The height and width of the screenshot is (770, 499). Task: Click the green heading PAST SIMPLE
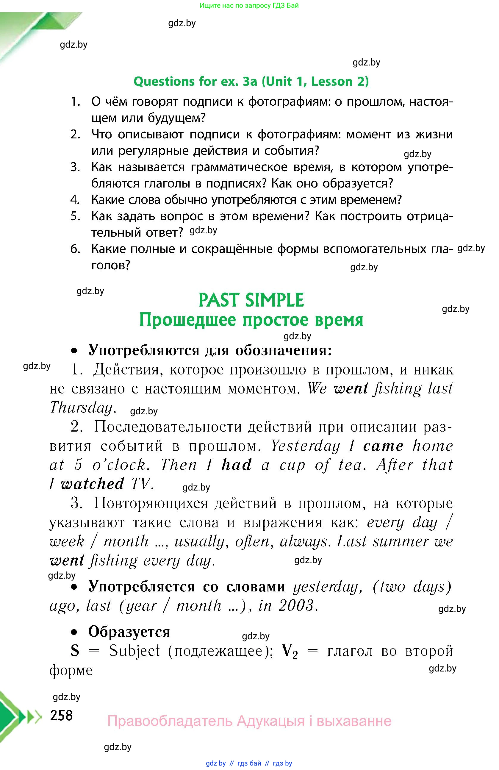tap(251, 300)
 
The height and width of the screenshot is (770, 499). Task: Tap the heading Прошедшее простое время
tap(251, 320)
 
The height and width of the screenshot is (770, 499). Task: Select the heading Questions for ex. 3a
tap(251, 81)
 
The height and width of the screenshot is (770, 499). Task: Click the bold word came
tap(383, 446)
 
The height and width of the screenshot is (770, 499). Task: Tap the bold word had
tap(236, 465)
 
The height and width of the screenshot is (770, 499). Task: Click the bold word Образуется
tap(129, 632)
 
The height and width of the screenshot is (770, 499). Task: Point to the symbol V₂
tap(290, 651)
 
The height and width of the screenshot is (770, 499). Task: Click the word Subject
tap(134, 651)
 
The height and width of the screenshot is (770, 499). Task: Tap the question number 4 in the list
tap(75, 200)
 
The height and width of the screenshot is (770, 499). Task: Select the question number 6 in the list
tap(75, 249)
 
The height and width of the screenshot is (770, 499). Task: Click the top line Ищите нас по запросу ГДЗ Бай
tap(249, 5)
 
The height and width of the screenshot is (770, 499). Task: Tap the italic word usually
tap(200, 541)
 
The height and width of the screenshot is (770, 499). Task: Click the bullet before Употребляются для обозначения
tap(75, 351)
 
